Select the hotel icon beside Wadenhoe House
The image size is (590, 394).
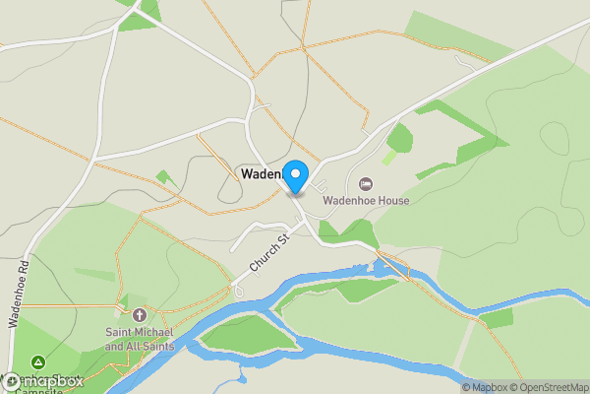click(366, 183)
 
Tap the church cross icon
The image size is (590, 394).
click(140, 316)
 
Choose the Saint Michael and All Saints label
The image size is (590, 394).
click(140, 340)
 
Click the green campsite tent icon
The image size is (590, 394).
click(37, 362)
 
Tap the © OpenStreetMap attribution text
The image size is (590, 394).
click(548, 387)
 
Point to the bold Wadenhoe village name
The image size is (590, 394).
click(262, 174)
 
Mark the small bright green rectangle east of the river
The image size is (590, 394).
click(498, 318)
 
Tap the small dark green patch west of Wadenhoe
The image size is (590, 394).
click(165, 178)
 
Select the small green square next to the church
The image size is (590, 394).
click(126, 299)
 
